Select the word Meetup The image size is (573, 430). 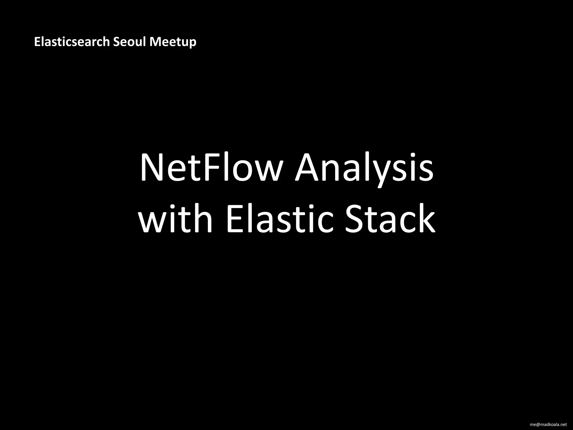pos(173,42)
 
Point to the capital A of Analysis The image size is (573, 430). pos(308,168)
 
